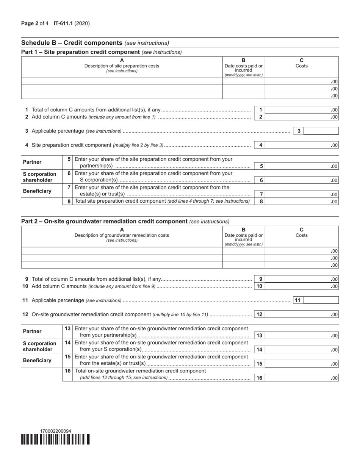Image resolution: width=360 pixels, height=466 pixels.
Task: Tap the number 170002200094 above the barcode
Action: click(x=55, y=431)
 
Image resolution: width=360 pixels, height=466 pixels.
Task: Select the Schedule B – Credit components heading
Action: click(x=72, y=43)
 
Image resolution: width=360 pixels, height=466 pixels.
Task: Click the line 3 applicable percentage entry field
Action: click(x=321, y=131)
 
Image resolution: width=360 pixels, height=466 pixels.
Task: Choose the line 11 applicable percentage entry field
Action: click(x=321, y=300)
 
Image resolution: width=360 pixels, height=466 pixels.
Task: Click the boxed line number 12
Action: click(x=260, y=314)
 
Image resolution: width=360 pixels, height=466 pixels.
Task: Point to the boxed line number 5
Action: click(x=261, y=166)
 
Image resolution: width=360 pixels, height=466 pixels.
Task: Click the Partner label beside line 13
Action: click(x=32, y=332)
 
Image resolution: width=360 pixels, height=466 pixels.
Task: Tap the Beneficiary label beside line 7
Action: click(x=37, y=191)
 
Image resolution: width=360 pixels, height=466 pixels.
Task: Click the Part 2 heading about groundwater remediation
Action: click(x=104, y=221)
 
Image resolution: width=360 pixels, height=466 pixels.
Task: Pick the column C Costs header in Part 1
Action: click(x=302, y=63)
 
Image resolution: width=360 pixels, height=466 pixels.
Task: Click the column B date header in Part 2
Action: click(x=243, y=236)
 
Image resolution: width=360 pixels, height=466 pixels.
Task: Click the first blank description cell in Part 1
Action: click(x=122, y=81)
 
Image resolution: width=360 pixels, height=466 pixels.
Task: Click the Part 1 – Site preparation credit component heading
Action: click(x=81, y=52)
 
